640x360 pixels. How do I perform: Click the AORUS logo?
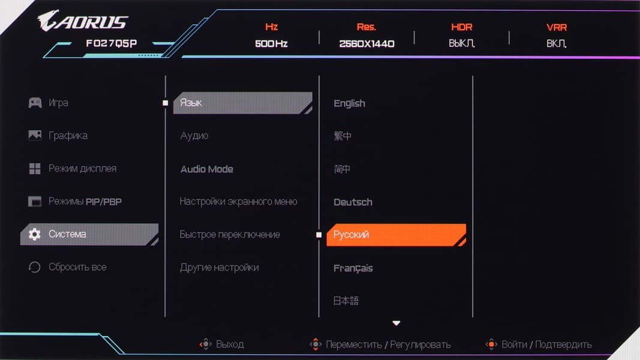83,20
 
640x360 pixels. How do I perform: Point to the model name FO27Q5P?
112,43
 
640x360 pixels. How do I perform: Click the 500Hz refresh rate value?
271,43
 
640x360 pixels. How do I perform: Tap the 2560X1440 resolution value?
367,44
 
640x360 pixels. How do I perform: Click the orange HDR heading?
462,27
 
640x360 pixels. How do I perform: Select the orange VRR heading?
557,28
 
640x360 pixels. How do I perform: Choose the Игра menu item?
58,103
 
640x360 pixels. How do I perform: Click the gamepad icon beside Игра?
35,103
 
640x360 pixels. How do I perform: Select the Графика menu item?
68,136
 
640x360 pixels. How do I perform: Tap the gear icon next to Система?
35,234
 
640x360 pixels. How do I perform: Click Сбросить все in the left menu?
77,267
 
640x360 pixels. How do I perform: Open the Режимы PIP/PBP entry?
85,202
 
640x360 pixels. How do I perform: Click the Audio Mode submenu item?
207,169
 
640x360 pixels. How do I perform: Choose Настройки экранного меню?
238,202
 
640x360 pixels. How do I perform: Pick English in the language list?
349,104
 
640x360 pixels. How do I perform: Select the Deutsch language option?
352,202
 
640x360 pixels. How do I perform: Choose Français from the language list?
353,268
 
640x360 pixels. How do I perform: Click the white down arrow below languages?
396,323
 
